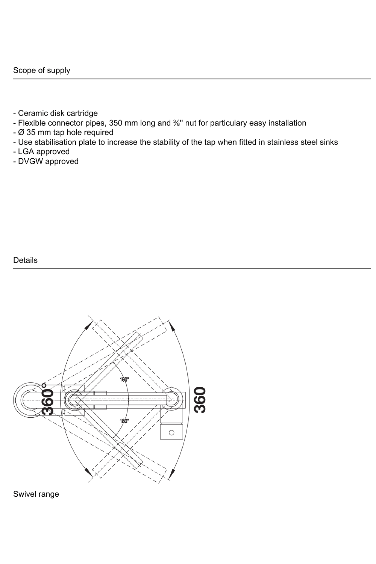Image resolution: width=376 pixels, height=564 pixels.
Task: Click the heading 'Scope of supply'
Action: (41, 70)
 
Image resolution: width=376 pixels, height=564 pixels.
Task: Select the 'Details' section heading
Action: (25, 260)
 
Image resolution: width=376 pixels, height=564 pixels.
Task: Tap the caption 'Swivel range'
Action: (36, 494)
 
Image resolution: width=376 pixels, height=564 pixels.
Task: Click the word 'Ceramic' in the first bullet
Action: (31, 113)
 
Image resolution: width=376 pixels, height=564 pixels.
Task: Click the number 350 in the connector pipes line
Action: (115, 123)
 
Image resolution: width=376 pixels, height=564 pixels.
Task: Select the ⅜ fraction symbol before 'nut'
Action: (176, 123)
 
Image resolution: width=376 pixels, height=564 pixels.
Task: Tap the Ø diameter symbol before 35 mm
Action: (21, 132)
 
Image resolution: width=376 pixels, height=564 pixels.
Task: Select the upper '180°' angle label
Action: (124, 379)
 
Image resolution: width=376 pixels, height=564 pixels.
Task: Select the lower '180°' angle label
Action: (124, 421)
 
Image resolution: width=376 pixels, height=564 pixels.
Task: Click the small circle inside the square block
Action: (171, 432)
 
